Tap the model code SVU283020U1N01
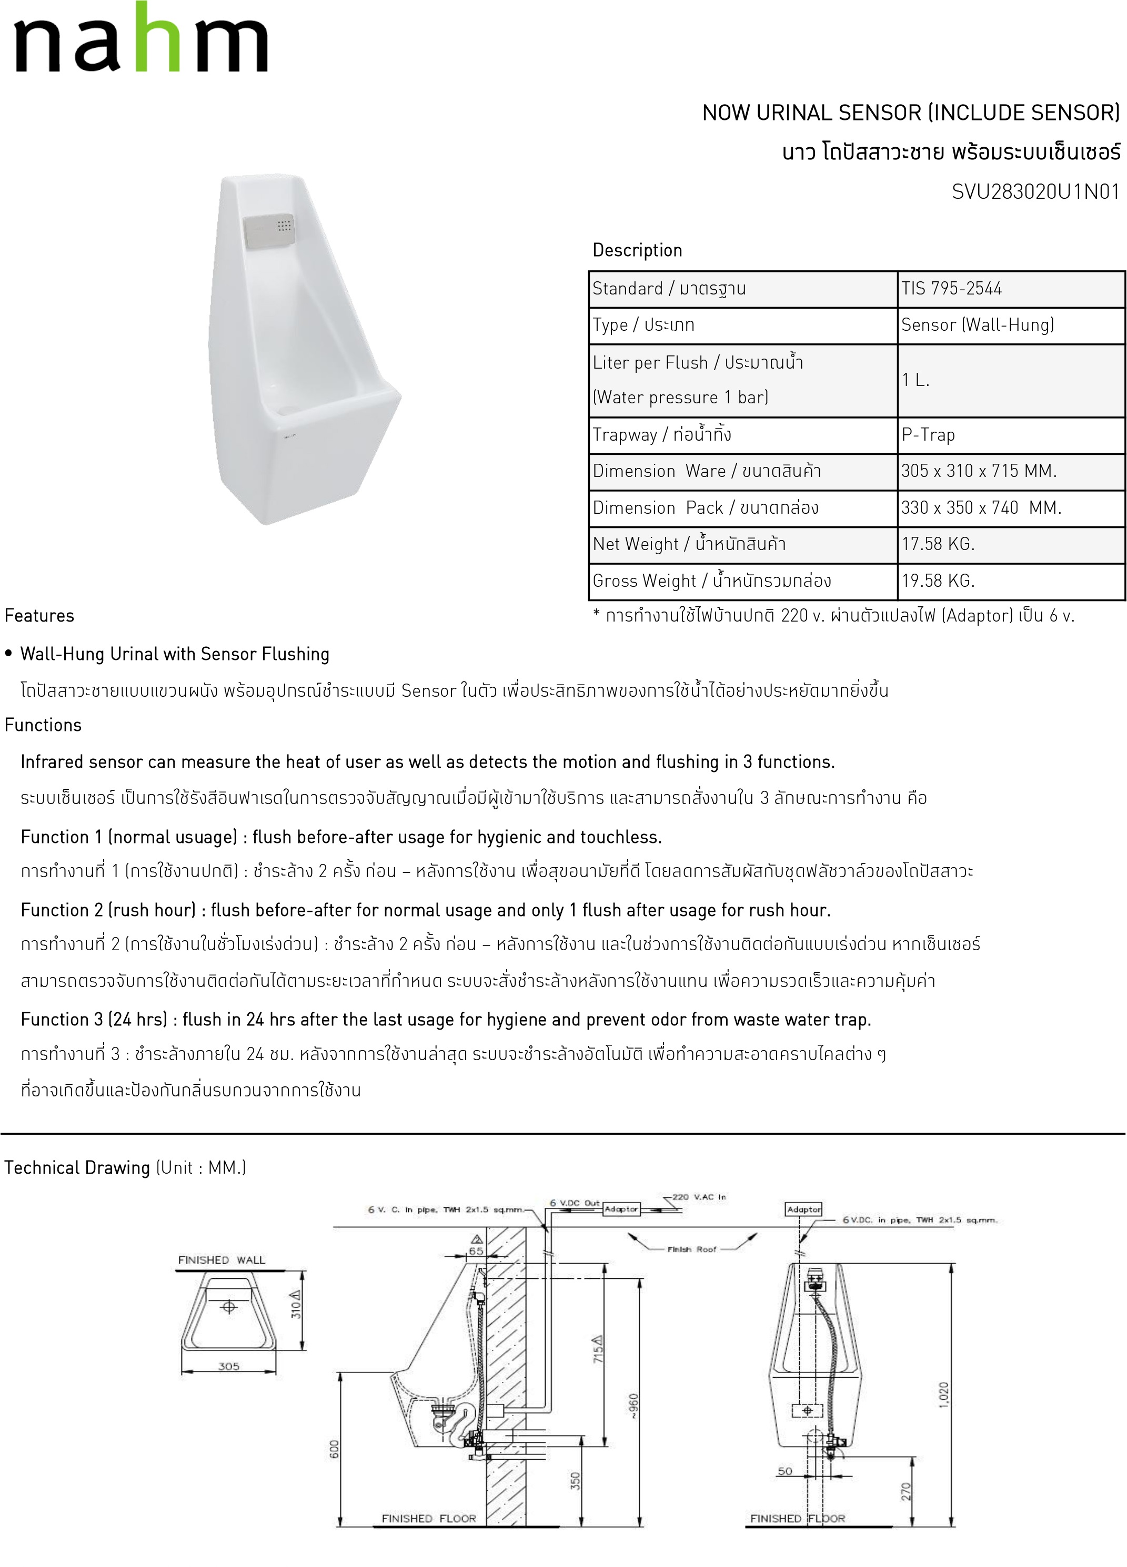pyautogui.click(x=1035, y=192)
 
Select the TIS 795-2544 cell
pyautogui.click(x=951, y=289)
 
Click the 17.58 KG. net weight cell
pyautogui.click(x=938, y=544)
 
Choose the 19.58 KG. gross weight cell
pyautogui.click(x=938, y=581)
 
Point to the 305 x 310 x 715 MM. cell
pyautogui.click(x=978, y=471)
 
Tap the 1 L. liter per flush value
pyautogui.click(x=915, y=380)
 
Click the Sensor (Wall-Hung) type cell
pyautogui.click(x=977, y=325)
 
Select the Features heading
pyautogui.click(x=39, y=616)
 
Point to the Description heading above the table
pyautogui.click(x=637, y=250)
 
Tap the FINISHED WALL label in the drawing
pyautogui.click(x=222, y=1260)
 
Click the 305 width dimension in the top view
pyautogui.click(x=228, y=1366)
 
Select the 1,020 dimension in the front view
pyautogui.click(x=944, y=1393)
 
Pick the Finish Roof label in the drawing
pyautogui.click(x=692, y=1249)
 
